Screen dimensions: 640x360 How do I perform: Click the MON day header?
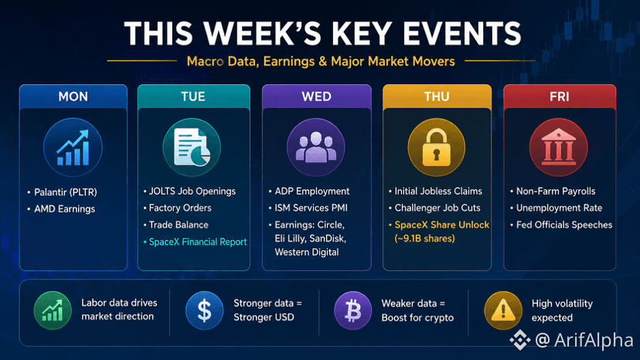pyautogui.click(x=73, y=97)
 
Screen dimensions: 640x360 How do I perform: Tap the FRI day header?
pyautogui.click(x=559, y=97)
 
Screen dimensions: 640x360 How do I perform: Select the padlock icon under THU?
pyautogui.click(x=436, y=147)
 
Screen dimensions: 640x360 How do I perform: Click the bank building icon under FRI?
pyautogui.click(x=558, y=147)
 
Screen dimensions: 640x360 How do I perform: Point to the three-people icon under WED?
pyautogui.click(x=316, y=147)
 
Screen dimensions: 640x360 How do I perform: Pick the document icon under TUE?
pyautogui.click(x=192, y=147)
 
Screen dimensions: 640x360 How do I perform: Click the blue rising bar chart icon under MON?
pyautogui.click(x=73, y=148)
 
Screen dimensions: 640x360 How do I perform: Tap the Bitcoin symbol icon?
pyautogui.click(x=353, y=311)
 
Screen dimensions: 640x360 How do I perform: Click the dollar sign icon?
pyautogui.click(x=205, y=311)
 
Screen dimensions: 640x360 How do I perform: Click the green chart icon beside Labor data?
pyautogui.click(x=53, y=311)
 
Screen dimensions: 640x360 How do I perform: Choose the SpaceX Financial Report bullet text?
pyautogui.click(x=198, y=242)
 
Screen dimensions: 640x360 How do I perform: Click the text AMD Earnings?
pyautogui.click(x=64, y=209)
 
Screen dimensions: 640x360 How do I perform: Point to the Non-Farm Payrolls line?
pyautogui.click(x=556, y=191)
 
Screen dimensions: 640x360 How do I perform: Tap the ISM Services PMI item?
pyautogui.click(x=311, y=208)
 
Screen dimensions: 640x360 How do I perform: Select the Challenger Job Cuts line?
pyautogui.click(x=437, y=208)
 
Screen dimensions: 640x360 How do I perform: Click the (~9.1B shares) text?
pyautogui.click(x=424, y=239)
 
